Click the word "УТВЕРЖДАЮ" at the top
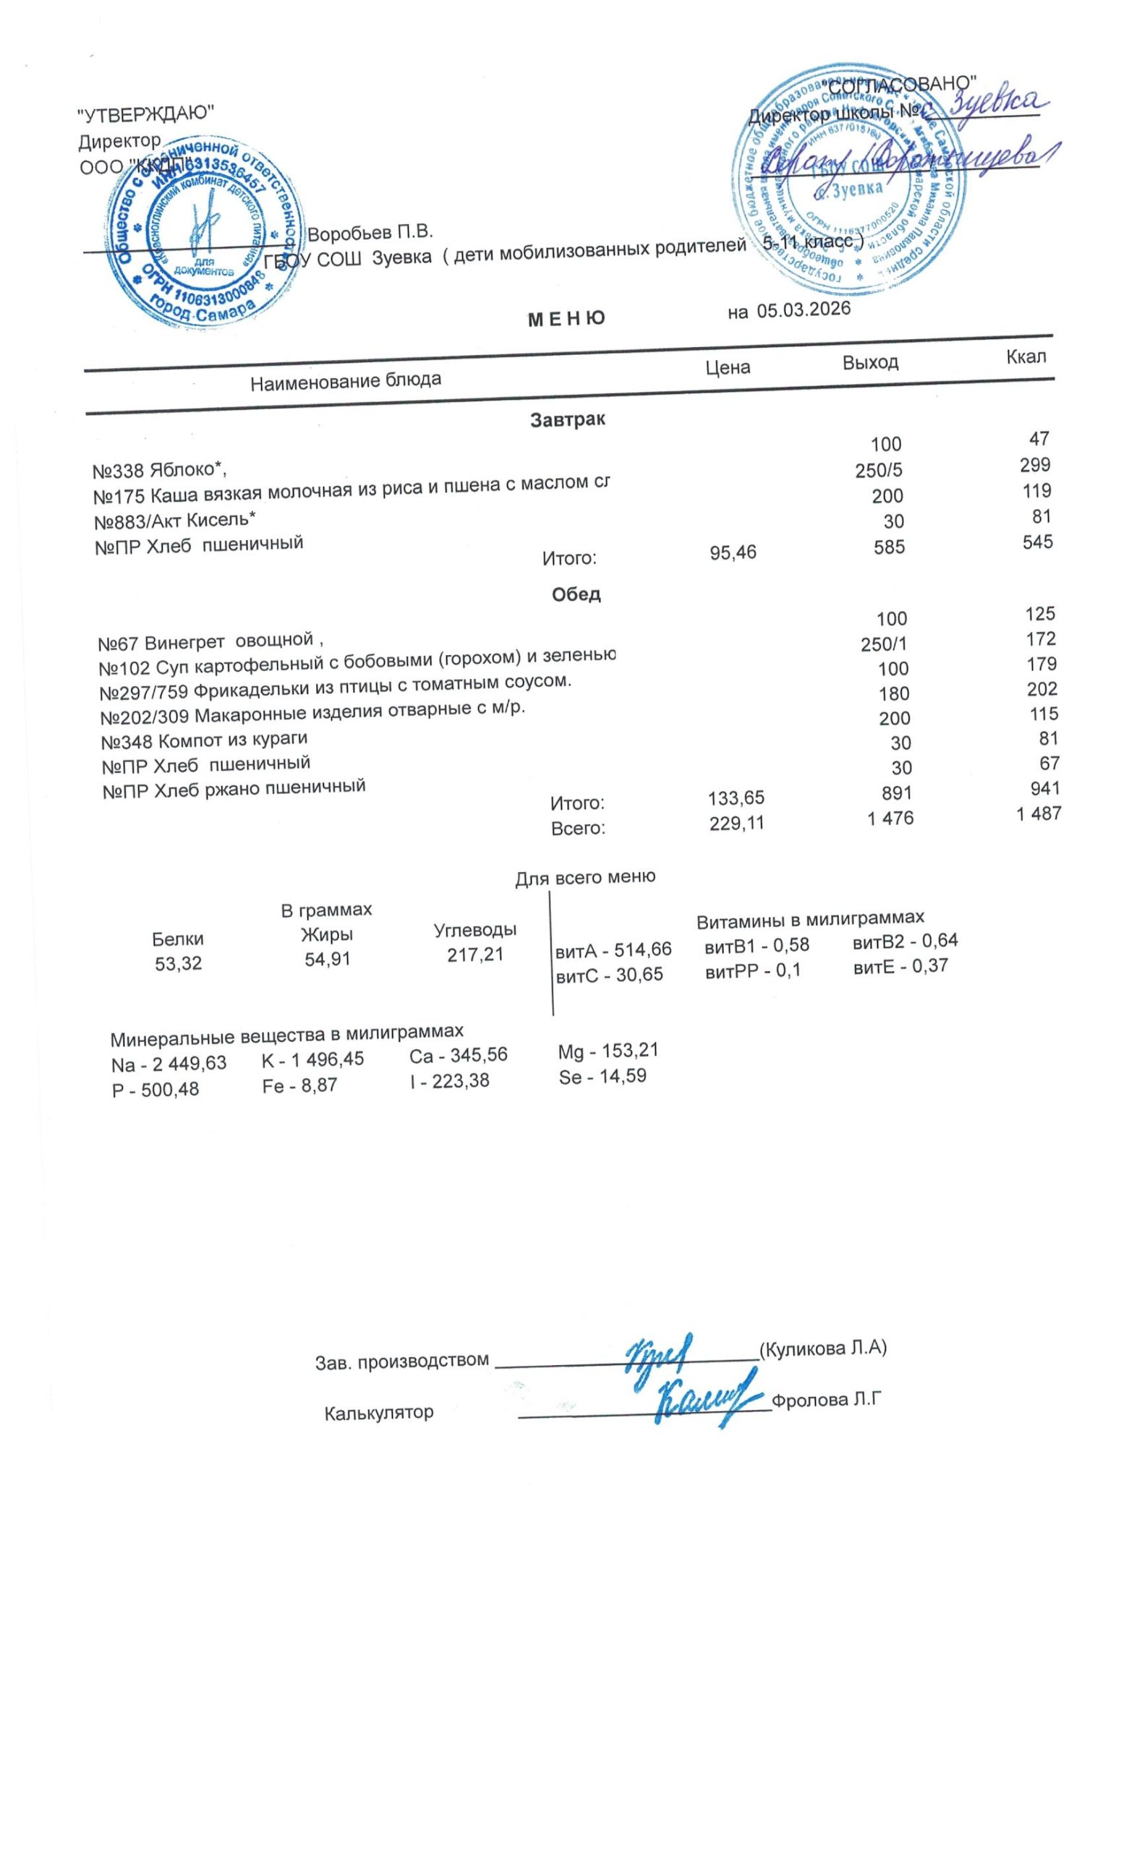(x=146, y=114)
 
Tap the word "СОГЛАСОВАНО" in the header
(x=902, y=84)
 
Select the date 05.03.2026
(x=803, y=309)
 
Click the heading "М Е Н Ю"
(x=566, y=320)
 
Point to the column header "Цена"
(x=728, y=367)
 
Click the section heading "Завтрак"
(x=567, y=419)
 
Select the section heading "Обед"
(x=576, y=594)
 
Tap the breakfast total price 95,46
(x=733, y=553)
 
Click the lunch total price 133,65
(x=736, y=797)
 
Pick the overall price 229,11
(x=736, y=823)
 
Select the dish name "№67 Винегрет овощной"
(x=210, y=642)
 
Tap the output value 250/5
(x=877, y=470)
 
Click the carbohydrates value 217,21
(x=475, y=956)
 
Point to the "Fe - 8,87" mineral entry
(x=299, y=1085)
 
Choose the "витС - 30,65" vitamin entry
(x=608, y=975)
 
